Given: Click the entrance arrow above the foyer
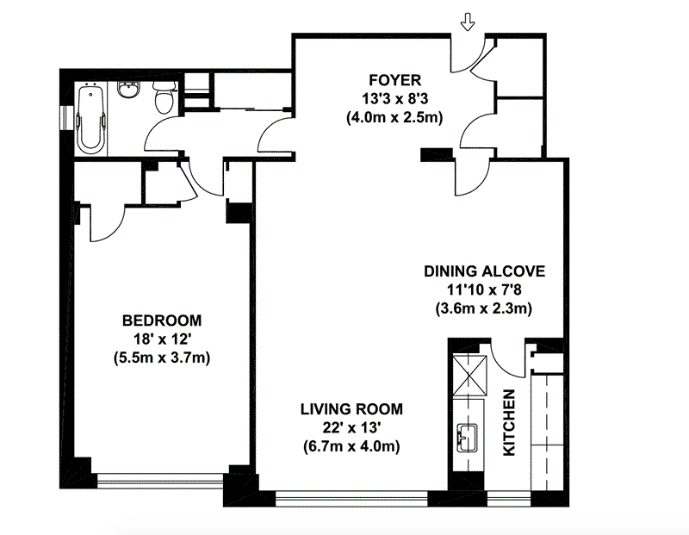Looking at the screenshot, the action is pos(468,22).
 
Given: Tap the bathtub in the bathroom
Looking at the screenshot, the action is pos(91,120).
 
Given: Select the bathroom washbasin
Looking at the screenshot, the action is pos(127,90).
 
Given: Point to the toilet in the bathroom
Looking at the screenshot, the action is pos(164,96).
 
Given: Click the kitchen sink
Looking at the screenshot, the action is pos(468,438).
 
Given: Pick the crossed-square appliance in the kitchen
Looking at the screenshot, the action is pos(469,376).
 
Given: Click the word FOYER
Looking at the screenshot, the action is pos(395,80).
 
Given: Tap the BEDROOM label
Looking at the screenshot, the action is pos(162,320).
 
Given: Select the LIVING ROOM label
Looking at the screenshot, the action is pos(351,409).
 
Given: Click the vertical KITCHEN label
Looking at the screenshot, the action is pos(509,422).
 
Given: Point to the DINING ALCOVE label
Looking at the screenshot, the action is pos(484,271).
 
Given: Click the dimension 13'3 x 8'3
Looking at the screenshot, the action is pos(394,99).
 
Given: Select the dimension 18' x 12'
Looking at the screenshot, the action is pos(162,339).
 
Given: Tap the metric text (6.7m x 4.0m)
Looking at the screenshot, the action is pos(351,446).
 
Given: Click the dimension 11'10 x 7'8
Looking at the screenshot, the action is pos(484,289).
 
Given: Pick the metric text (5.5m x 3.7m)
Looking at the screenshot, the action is pos(162,358).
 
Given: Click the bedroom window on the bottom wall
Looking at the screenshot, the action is pos(160,480).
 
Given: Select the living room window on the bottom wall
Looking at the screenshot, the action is pos(351,499).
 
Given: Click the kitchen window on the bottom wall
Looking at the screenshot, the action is pos(509,499).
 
